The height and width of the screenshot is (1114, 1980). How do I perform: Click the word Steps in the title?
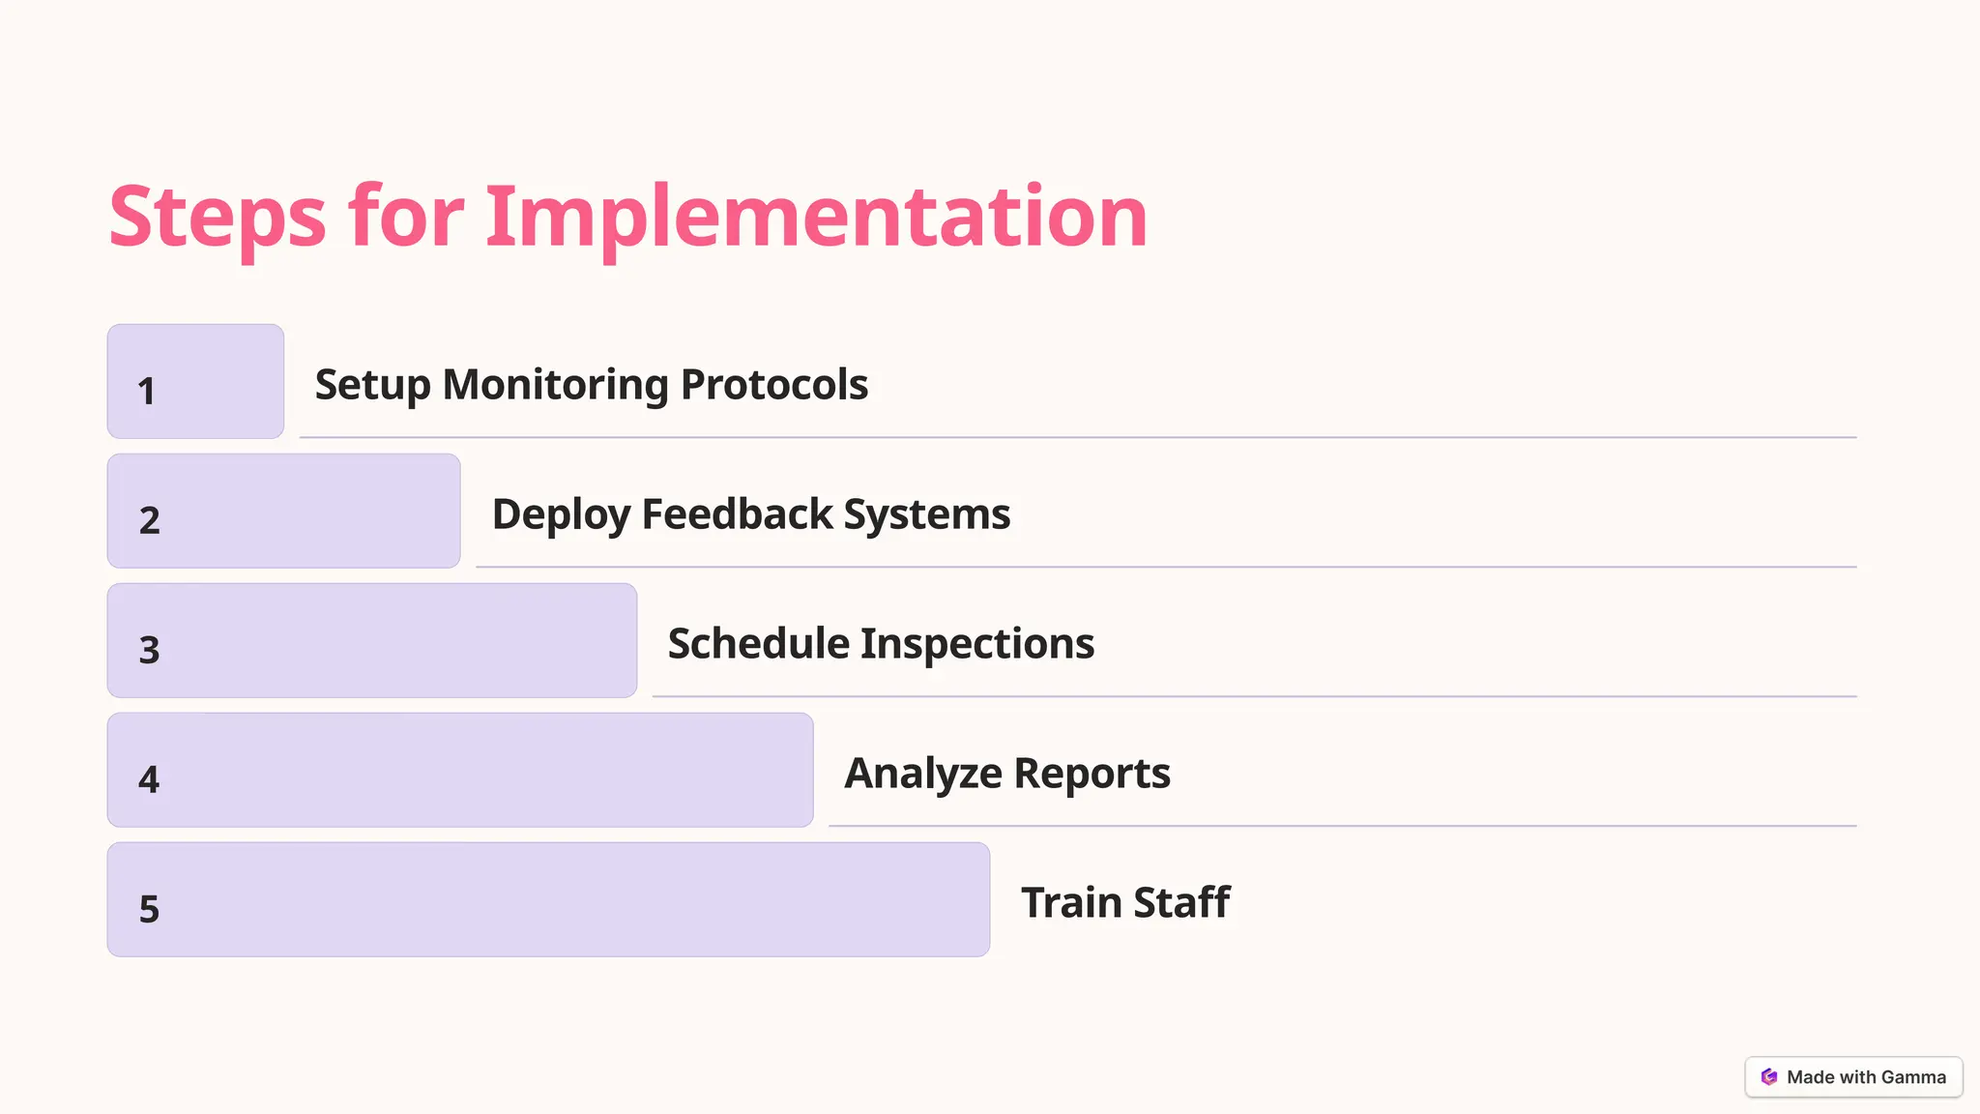(218, 217)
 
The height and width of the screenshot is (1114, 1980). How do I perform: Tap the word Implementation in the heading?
(816, 217)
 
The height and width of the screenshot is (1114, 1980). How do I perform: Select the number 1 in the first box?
(146, 392)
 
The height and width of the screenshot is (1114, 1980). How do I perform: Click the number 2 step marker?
(149, 520)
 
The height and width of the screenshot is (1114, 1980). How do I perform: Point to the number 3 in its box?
(149, 650)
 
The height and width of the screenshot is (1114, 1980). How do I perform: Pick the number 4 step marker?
(149, 779)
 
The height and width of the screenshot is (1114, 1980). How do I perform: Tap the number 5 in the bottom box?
(149, 909)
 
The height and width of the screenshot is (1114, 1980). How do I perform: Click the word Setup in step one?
(372, 385)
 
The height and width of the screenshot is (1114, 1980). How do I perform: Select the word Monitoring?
(555, 385)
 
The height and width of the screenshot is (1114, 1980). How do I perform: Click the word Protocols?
(774, 385)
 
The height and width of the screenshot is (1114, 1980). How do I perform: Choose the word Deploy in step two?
(561, 514)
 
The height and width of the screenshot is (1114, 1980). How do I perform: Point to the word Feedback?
(737, 514)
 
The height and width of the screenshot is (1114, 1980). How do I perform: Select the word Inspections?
(977, 644)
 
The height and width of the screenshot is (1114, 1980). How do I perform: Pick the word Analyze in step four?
(923, 774)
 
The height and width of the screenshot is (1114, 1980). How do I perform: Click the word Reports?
(1092, 774)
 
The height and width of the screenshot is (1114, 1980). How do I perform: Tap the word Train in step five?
(1071, 903)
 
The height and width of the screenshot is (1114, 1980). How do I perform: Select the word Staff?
(1181, 903)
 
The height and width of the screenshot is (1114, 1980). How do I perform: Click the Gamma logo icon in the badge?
(1769, 1077)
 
